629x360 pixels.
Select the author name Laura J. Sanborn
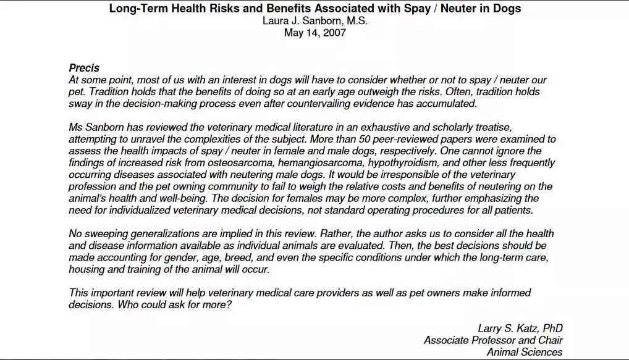[x=315, y=21]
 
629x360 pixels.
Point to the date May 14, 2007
[x=315, y=33]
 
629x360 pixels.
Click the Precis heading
[x=84, y=68]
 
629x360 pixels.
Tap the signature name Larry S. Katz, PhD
[x=520, y=329]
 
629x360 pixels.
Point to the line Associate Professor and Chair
[x=493, y=340]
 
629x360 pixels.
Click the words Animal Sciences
[x=525, y=352]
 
